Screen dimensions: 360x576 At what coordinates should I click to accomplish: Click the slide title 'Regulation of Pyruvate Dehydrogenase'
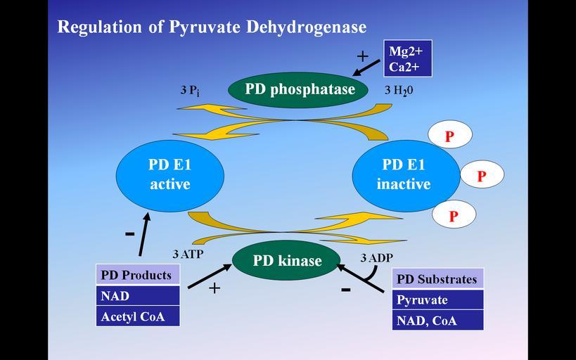tap(212, 27)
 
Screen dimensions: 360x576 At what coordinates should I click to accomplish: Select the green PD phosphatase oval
tap(300, 89)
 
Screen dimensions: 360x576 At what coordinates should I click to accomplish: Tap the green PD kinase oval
tap(287, 261)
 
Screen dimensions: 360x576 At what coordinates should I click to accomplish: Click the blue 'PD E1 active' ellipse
tap(169, 174)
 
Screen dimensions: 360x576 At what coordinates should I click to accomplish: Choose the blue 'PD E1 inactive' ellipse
tap(403, 174)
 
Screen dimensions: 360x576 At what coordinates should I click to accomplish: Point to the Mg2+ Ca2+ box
tap(408, 58)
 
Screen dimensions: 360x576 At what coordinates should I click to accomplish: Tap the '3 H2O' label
tap(398, 91)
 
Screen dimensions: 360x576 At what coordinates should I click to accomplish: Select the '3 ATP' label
tap(188, 254)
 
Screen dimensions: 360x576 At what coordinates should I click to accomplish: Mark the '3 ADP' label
tap(376, 258)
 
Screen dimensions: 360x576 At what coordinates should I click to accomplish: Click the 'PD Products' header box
tap(138, 275)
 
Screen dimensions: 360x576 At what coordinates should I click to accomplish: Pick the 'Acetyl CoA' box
tap(138, 316)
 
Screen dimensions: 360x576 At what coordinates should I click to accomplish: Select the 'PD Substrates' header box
tap(437, 279)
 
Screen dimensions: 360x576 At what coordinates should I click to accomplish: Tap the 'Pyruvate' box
tap(437, 300)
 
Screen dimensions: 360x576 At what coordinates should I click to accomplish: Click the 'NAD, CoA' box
tap(437, 321)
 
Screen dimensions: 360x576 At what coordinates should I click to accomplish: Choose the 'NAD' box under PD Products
tap(138, 296)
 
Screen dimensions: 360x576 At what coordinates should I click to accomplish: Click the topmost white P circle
tap(449, 135)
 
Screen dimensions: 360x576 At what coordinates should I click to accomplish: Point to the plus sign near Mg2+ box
tap(362, 56)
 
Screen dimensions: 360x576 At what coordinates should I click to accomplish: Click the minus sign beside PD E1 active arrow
tap(129, 233)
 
